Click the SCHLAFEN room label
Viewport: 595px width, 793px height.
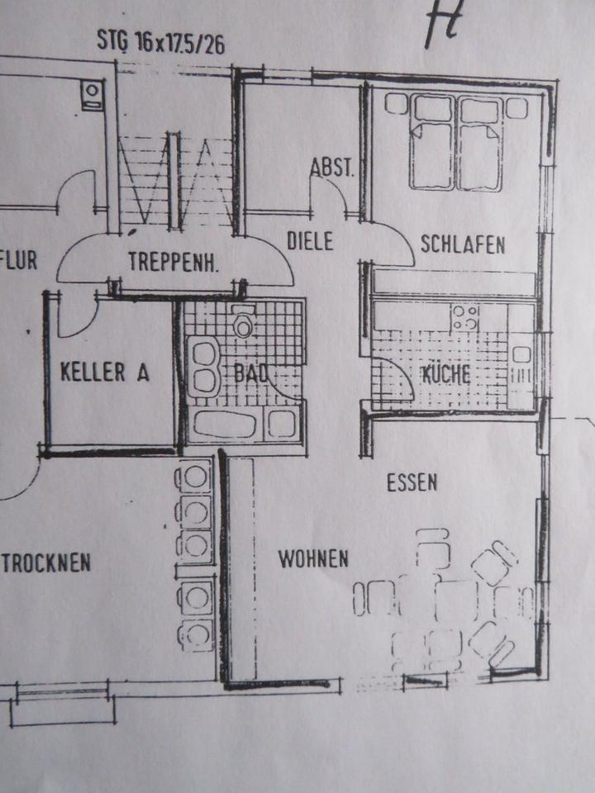[x=463, y=245]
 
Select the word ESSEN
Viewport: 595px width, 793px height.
[x=412, y=482]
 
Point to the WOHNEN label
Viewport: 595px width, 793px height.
[x=313, y=559]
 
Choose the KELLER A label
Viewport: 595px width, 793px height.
[x=105, y=372]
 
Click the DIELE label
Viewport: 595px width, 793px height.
[x=310, y=242]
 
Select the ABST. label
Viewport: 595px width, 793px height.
[x=332, y=169]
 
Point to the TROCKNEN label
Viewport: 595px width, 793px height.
[x=46, y=564]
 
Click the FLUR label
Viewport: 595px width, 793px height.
[x=19, y=262]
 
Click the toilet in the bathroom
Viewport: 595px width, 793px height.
[x=243, y=323]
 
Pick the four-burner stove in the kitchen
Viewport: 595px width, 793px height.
[x=464, y=317]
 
